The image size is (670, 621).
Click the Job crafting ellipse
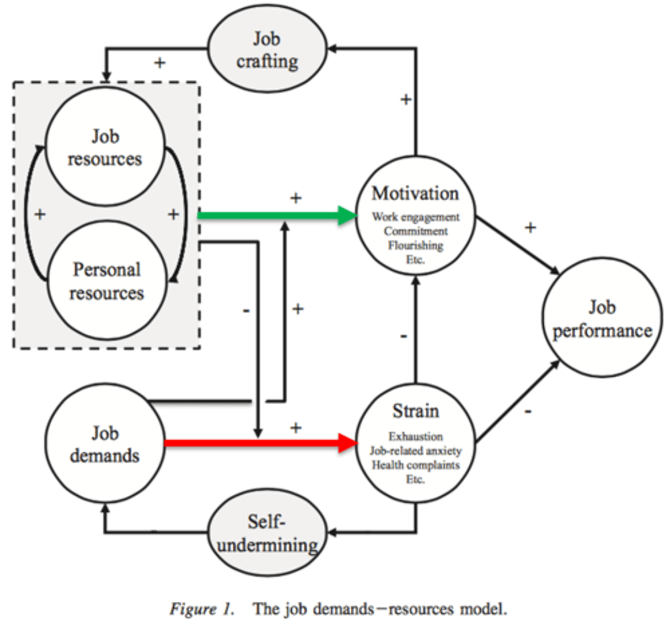click(267, 50)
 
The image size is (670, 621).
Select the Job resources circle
click(105, 147)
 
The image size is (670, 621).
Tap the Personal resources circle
click(107, 281)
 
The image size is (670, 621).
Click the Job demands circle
click(105, 444)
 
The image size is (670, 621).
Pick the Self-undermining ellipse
click(267, 533)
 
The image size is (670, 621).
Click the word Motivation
click(415, 194)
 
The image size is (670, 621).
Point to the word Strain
click(415, 411)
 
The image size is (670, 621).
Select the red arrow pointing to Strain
click(259, 443)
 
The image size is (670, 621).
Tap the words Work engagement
click(415, 217)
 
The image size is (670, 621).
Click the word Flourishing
click(415, 245)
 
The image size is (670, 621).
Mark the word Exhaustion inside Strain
click(415, 436)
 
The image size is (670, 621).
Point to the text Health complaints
click(415, 465)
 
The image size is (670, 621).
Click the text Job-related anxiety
click(415, 451)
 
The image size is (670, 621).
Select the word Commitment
click(415, 231)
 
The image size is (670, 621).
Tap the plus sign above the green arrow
click(295, 198)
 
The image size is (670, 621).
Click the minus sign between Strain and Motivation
click(404, 336)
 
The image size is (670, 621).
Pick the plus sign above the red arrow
click(295, 427)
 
